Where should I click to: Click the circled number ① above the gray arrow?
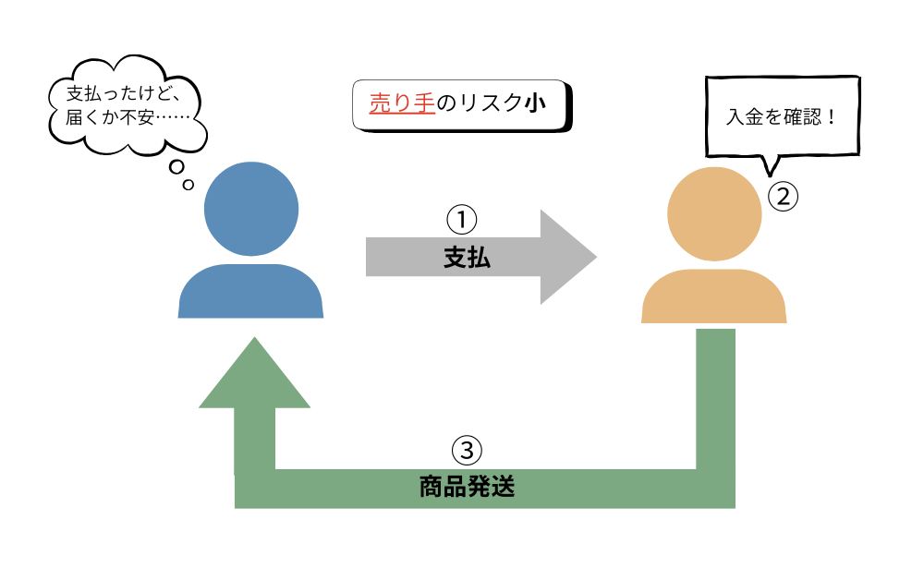point(461,221)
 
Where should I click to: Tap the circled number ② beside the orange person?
point(783,196)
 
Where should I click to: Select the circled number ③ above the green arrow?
point(467,451)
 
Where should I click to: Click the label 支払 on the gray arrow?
point(467,259)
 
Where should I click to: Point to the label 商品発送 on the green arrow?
point(467,488)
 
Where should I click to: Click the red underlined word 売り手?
point(402,103)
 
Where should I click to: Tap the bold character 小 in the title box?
point(535,103)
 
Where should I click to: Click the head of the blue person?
point(251,209)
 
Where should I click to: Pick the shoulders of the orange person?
point(714,296)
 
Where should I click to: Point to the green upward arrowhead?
point(254,374)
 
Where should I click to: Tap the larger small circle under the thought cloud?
point(176,168)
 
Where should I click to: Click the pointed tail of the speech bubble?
point(766,171)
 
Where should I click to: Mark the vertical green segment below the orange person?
point(714,397)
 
